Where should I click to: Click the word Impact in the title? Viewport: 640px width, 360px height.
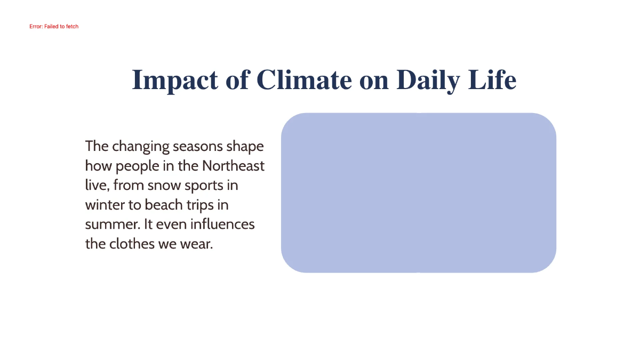[x=174, y=81]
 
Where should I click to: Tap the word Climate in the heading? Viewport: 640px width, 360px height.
[x=303, y=80]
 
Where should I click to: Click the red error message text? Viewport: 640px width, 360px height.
[x=54, y=26]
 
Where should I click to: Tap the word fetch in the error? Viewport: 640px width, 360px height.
[x=72, y=26]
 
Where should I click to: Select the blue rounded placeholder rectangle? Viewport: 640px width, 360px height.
[x=418, y=193]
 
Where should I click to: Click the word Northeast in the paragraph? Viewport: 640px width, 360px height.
[x=233, y=166]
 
